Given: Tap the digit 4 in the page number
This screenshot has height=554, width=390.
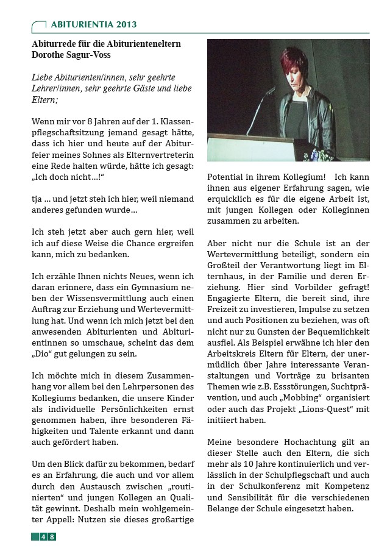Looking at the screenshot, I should pyautogui.click(x=43, y=536).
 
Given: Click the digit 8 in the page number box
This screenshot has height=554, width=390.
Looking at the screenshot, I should pyautogui.click(x=52, y=536).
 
